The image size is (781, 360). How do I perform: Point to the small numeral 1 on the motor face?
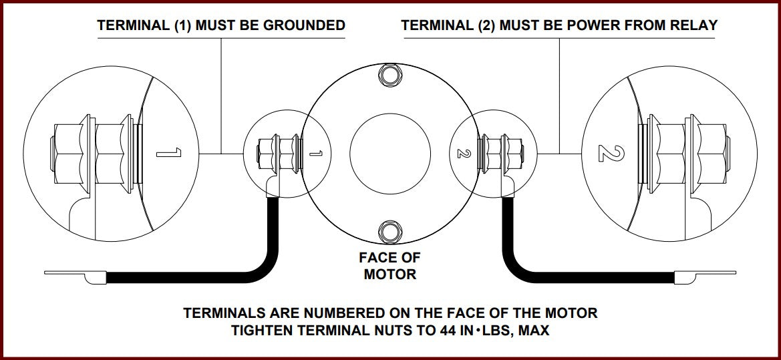[x=317, y=154]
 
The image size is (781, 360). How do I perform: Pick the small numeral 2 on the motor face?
[x=460, y=153]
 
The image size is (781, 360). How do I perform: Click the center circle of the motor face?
[x=390, y=153]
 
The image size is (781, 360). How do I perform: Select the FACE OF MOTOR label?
[x=389, y=266]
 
